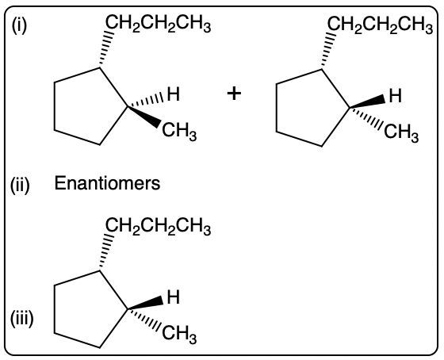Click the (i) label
click(19, 26)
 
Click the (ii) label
click(20, 186)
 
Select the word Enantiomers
click(107, 183)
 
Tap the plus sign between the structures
click(234, 94)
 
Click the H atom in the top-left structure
click(174, 94)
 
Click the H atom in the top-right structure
click(396, 95)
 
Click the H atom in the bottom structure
click(174, 297)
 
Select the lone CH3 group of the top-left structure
click(179, 132)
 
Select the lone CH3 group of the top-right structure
click(401, 133)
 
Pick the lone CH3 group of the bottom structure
click(179, 335)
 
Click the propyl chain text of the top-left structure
click(159, 24)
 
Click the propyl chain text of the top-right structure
click(381, 25)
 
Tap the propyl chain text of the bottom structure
click(159, 227)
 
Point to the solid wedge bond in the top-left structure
click(144, 116)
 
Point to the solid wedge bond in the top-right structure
click(367, 102)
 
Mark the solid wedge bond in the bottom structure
click(145, 304)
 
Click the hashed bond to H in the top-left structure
click(146, 101)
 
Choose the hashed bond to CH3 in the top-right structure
click(367, 117)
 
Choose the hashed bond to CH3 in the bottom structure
click(145, 320)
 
